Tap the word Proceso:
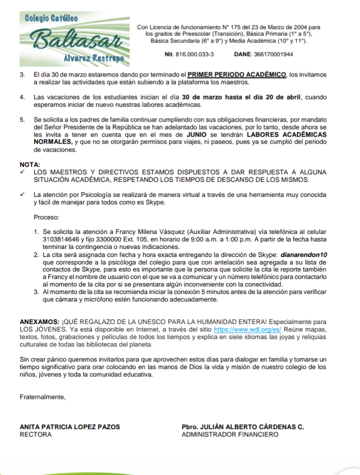(46, 217)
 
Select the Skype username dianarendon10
(304, 254)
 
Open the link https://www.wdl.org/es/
(247, 330)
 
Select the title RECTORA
(35, 434)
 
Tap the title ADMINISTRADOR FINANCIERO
(230, 434)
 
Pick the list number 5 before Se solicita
(22, 120)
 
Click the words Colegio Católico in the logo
(51, 18)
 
